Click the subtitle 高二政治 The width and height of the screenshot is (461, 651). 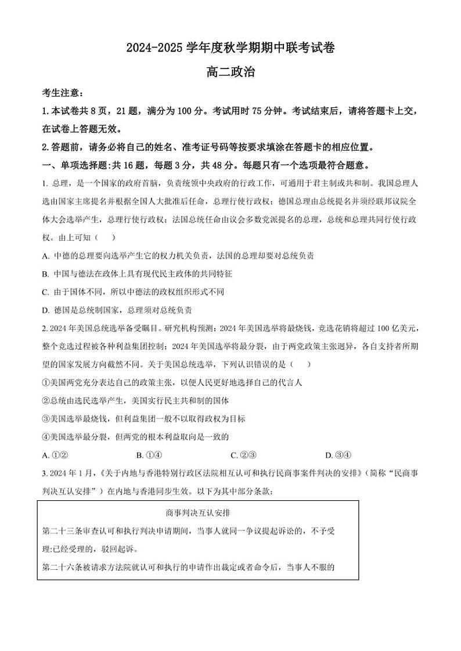pos(230,73)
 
